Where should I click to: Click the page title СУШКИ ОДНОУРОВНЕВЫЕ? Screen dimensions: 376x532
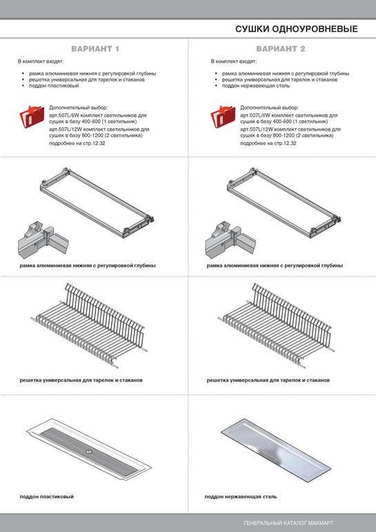[x=297, y=29]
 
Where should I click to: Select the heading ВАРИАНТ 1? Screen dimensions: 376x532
[x=95, y=49]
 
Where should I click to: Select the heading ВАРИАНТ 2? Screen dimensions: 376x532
[x=281, y=49]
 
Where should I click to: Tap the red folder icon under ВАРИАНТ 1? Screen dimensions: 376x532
[x=32, y=116]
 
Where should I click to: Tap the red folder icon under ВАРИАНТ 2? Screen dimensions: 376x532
[x=223, y=116]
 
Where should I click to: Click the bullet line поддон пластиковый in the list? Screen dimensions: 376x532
[x=54, y=86]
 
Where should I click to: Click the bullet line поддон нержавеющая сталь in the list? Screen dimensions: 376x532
[x=256, y=86]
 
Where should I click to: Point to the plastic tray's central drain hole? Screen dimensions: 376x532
[x=89, y=451]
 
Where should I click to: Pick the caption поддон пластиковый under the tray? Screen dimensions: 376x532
[x=46, y=496]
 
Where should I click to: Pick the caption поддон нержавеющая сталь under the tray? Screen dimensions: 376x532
[x=241, y=496]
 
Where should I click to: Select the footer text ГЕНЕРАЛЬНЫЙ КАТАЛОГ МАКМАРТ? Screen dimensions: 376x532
[x=288, y=523]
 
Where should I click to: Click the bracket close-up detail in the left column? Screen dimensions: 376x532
[x=42, y=240]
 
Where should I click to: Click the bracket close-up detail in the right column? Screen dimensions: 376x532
[x=230, y=240]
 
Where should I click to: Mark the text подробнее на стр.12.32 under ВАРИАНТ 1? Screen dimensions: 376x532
[x=77, y=143]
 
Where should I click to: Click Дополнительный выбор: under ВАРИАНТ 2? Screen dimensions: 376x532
[x=270, y=108]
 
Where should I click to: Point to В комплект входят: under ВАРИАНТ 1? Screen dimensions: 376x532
[x=41, y=61]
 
